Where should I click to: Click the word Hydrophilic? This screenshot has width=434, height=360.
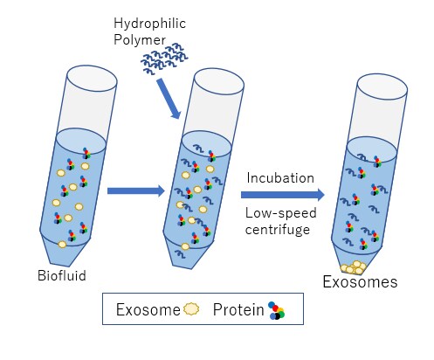pyautogui.click(x=149, y=24)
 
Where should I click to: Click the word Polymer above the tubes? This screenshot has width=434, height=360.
pyautogui.click(x=140, y=40)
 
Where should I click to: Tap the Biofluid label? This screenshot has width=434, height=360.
pyautogui.click(x=62, y=275)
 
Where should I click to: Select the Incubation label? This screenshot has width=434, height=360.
pyautogui.click(x=280, y=178)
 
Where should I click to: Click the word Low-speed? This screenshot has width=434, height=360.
pyautogui.click(x=281, y=213)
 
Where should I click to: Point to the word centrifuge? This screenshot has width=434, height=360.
pyautogui.click(x=278, y=230)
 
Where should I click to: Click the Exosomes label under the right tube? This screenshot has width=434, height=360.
pyautogui.click(x=360, y=282)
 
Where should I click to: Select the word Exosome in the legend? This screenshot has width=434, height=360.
pyautogui.click(x=148, y=309)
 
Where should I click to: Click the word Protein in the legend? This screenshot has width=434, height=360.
pyautogui.click(x=238, y=309)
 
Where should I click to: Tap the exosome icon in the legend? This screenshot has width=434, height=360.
pyautogui.click(x=191, y=308)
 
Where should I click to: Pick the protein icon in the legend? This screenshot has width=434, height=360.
pyautogui.click(x=277, y=310)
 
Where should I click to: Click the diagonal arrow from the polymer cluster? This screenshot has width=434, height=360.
pyautogui.click(x=169, y=99)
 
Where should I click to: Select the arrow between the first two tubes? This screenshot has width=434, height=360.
pyautogui.click(x=136, y=191)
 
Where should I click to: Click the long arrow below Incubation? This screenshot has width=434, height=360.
pyautogui.click(x=283, y=195)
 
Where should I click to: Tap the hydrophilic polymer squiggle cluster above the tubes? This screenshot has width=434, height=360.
pyautogui.click(x=164, y=58)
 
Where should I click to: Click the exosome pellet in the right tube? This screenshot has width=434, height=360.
pyautogui.click(x=354, y=267)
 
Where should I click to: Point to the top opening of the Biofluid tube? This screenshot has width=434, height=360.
pyautogui.click(x=92, y=78)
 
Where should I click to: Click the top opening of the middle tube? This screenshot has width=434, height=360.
pyautogui.click(x=218, y=82)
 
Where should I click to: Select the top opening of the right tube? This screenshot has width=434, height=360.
pyautogui.click(x=382, y=87)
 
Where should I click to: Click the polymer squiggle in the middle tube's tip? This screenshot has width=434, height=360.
pyautogui.click(x=181, y=254)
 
